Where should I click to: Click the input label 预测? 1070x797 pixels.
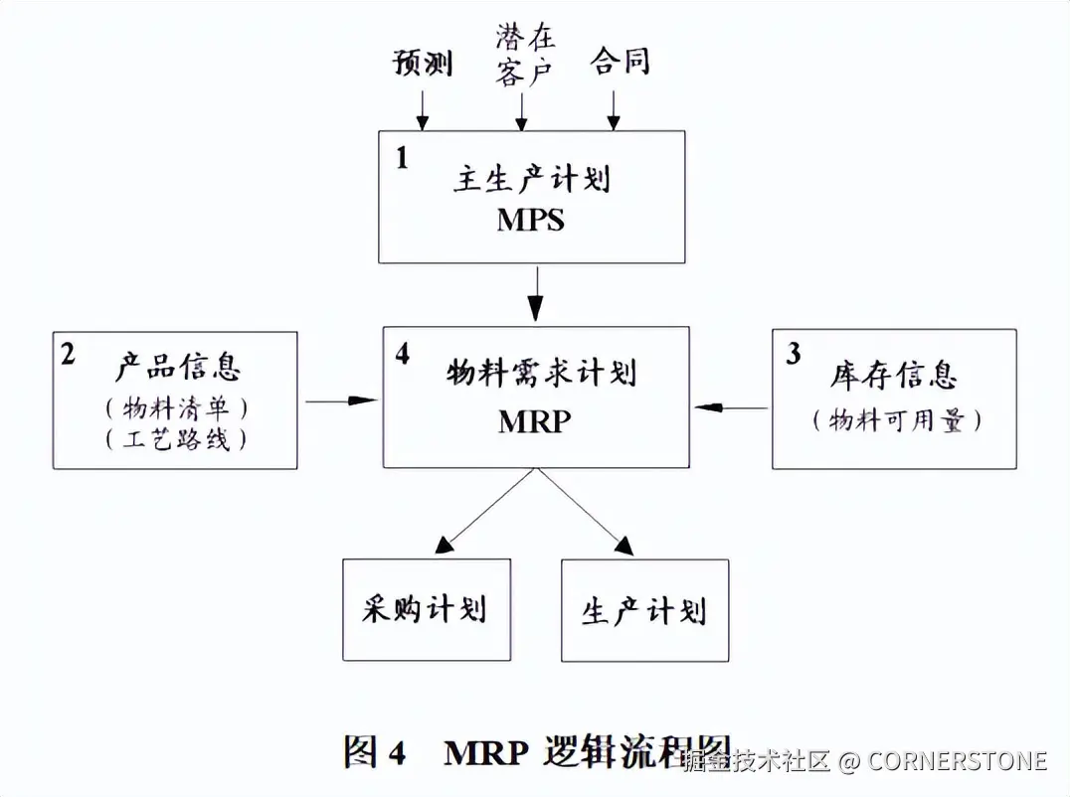coord(423,63)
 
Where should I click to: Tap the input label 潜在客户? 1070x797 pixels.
coord(526,57)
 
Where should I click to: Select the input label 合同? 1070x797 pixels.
coord(620,62)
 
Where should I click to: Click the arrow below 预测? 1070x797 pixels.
coord(423,109)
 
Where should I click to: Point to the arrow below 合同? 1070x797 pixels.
coord(614,109)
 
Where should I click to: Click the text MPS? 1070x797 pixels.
coord(531,220)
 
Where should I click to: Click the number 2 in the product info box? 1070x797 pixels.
coord(68,355)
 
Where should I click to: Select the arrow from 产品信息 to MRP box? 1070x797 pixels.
coord(341,400)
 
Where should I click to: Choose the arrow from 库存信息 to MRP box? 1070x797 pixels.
coord(731,406)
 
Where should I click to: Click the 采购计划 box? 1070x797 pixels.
coord(427,609)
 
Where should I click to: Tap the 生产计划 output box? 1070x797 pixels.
coord(644,610)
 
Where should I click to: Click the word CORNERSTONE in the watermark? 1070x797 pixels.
coord(957,761)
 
